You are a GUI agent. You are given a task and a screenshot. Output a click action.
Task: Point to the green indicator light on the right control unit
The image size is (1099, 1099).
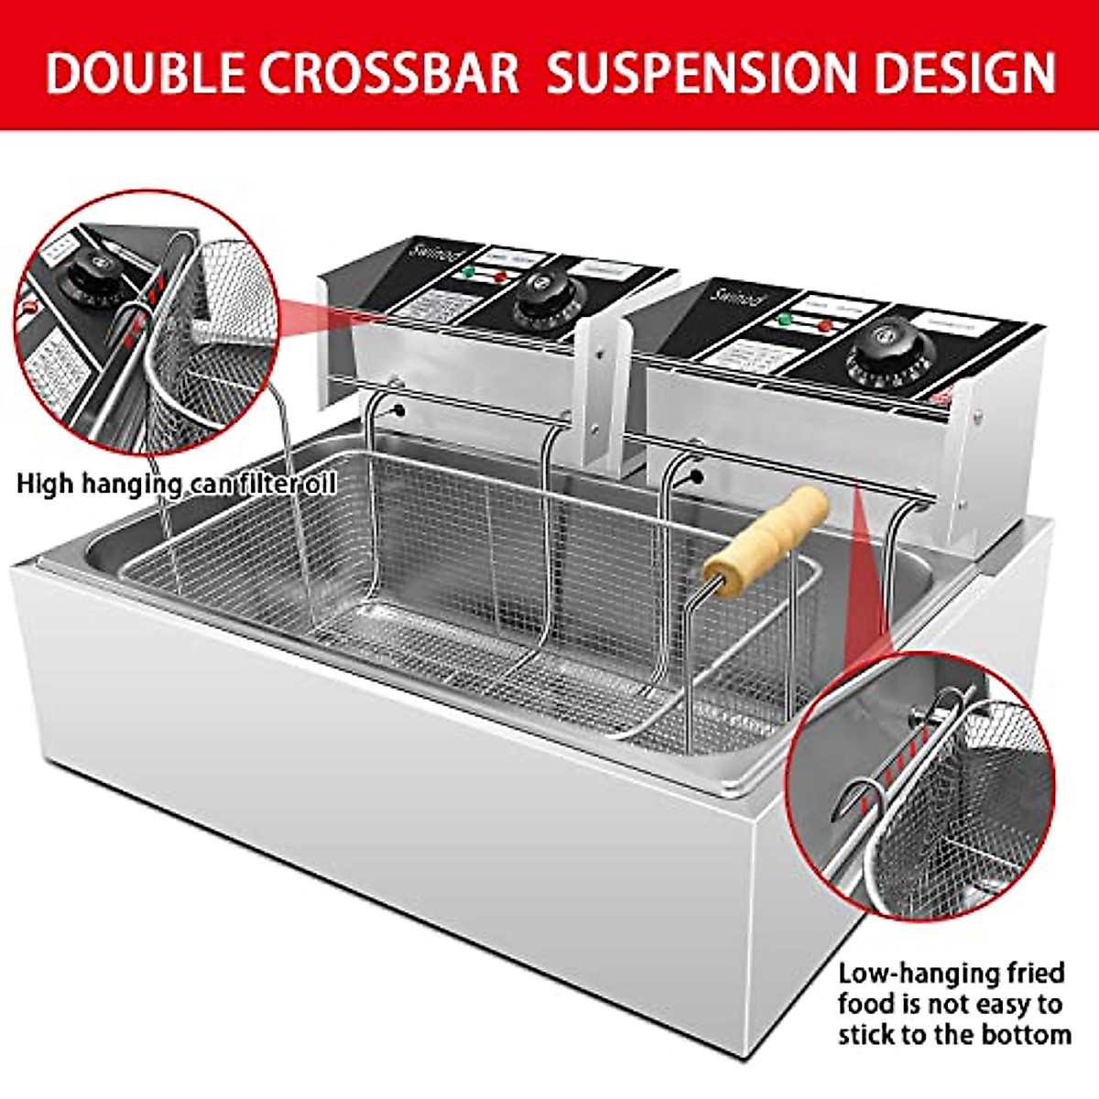tap(784, 321)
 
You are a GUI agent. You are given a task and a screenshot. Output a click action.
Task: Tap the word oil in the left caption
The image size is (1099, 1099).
tap(317, 483)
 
